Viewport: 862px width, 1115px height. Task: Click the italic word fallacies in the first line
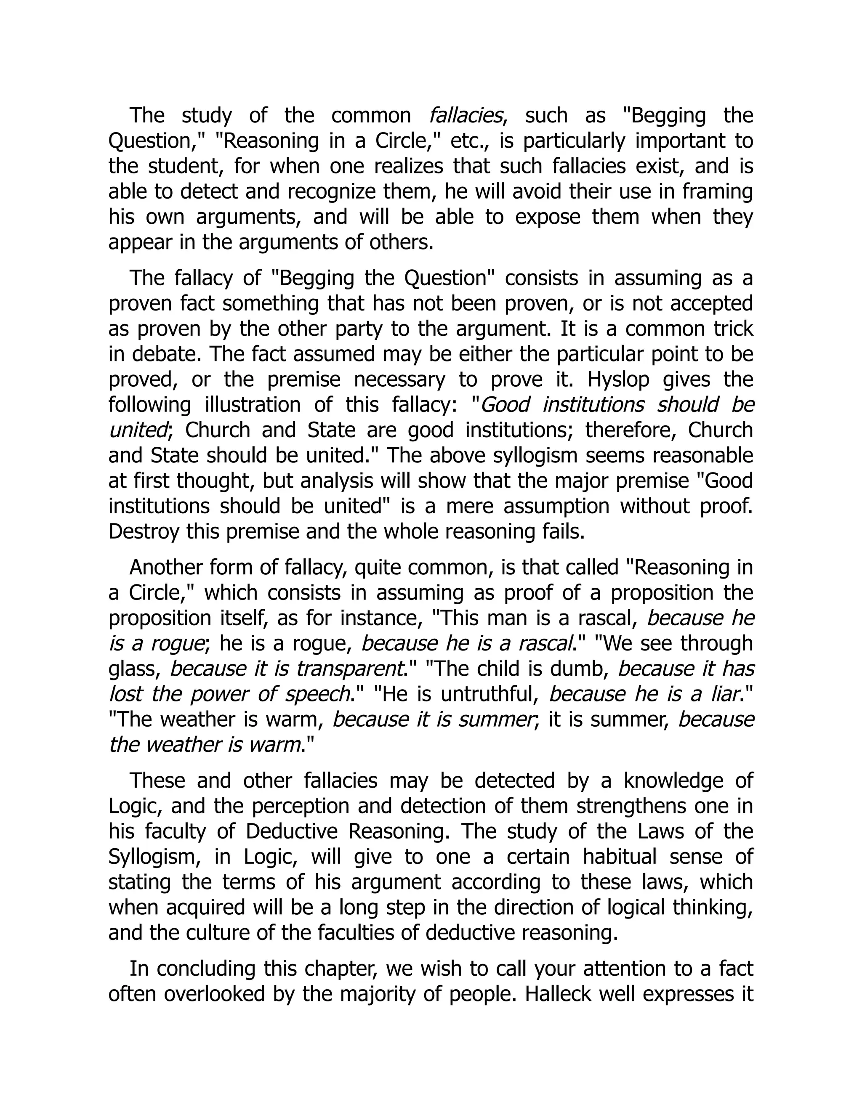point(466,115)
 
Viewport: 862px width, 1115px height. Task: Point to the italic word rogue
point(177,643)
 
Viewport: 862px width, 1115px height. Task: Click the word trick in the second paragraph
point(734,329)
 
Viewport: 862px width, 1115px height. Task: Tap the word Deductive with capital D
point(291,831)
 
